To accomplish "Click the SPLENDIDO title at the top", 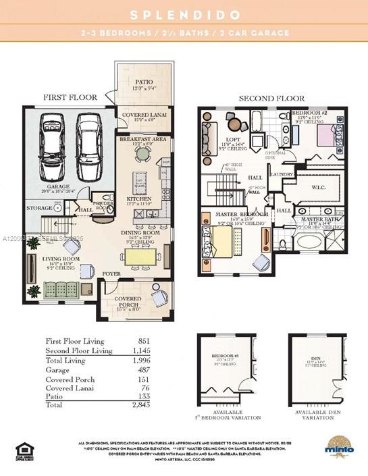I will [x=184, y=14].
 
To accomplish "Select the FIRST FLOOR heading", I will [x=70, y=97].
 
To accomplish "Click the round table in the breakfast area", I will [x=142, y=154].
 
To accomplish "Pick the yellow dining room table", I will [x=142, y=257].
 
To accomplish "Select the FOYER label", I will [x=111, y=273].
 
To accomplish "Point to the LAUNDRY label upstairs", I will [x=280, y=174].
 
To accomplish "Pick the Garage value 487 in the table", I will [x=142, y=371].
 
